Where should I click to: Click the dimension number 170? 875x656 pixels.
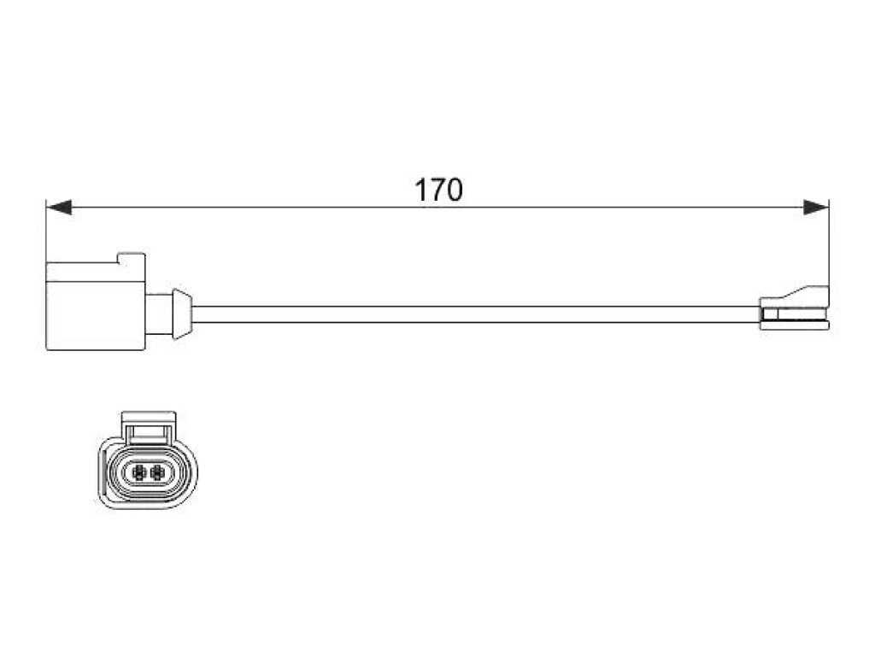(x=438, y=190)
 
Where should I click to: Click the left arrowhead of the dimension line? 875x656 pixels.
(x=59, y=208)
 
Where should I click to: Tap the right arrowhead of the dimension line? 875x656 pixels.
(x=816, y=208)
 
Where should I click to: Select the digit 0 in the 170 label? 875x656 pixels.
(x=455, y=190)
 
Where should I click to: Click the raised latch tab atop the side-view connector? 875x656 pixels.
(x=131, y=258)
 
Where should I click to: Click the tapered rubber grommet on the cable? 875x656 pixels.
(x=182, y=314)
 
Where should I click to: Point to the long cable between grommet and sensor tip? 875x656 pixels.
(x=475, y=314)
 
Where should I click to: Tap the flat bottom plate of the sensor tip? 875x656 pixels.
(x=795, y=325)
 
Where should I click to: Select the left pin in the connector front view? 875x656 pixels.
(x=139, y=472)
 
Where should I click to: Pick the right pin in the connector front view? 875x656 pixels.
(x=157, y=472)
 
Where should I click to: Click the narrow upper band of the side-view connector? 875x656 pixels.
(x=96, y=271)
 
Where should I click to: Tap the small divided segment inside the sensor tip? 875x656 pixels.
(x=769, y=314)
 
